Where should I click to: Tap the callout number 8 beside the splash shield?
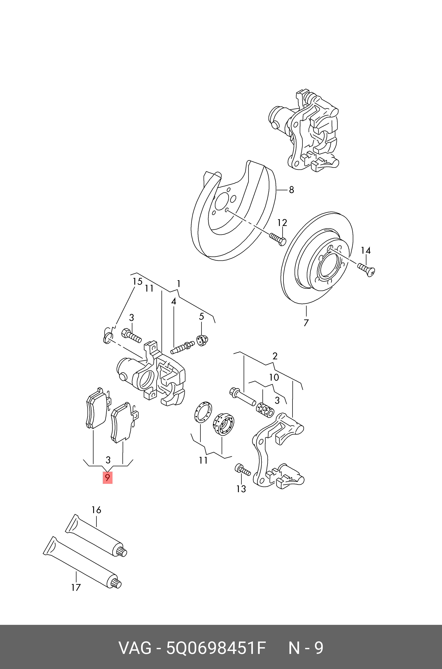pos(292,190)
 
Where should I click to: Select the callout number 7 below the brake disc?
pos(306,323)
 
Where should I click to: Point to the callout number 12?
pos(282,223)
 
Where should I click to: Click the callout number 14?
pos(366,250)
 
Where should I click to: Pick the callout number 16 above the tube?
pos(96,510)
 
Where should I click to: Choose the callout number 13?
pos(241,489)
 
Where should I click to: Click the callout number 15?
pos(138,281)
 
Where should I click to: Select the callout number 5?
pos(201,317)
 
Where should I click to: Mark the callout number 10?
pos(274,377)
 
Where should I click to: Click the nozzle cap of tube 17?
pos(116,584)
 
